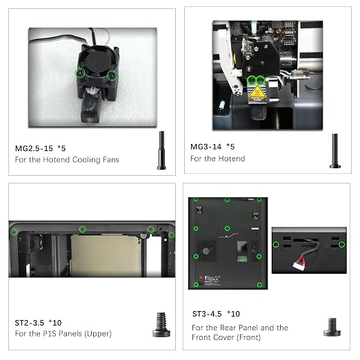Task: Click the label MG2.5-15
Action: tap(34, 148)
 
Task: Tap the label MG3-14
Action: tap(206, 147)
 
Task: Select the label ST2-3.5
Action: tap(29, 323)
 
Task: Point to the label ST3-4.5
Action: tap(207, 314)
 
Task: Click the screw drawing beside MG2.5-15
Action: tap(161, 150)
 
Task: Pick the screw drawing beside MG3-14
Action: tap(335, 151)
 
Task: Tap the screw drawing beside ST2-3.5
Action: tap(161, 325)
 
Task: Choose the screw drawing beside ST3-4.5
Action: tap(332, 327)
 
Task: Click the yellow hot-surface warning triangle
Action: tap(257, 91)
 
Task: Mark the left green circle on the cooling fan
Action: tap(80, 73)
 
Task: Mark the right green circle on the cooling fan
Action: tap(112, 75)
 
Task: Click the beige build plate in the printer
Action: tap(106, 255)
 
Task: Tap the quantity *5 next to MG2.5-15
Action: tap(61, 148)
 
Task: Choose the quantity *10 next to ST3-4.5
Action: tap(233, 314)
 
